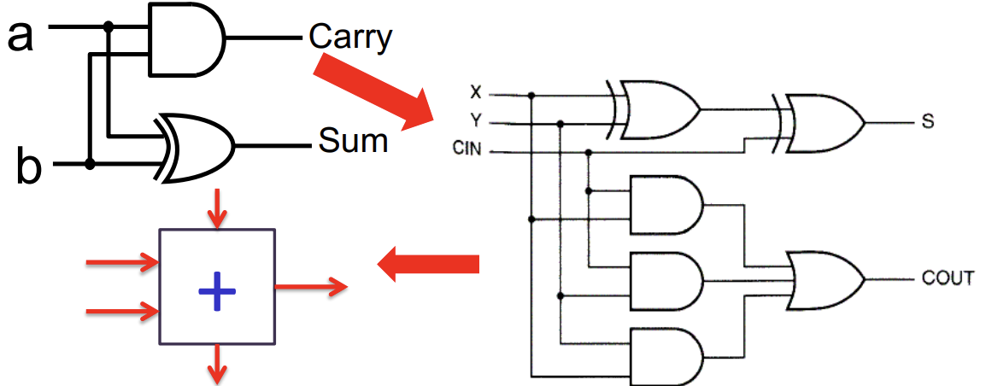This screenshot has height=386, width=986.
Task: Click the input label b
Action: (x=28, y=167)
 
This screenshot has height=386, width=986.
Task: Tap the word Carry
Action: (x=350, y=37)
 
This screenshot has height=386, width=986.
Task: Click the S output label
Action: (x=928, y=122)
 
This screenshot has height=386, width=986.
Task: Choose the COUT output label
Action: (x=948, y=278)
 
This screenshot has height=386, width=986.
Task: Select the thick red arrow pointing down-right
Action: (x=374, y=91)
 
